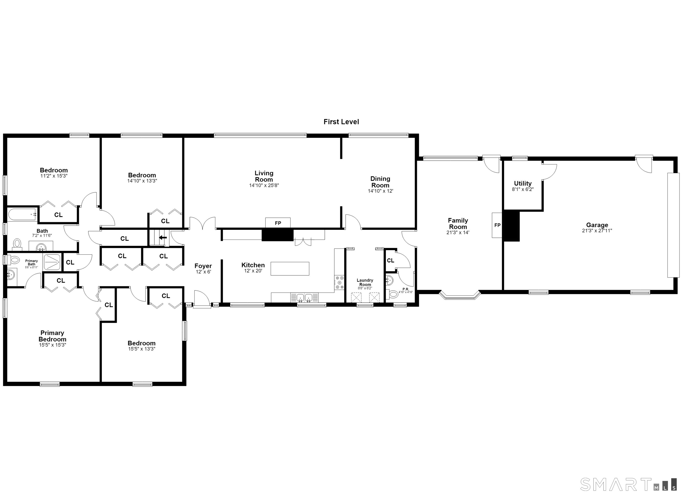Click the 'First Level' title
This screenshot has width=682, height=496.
click(341, 122)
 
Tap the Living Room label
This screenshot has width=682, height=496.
click(264, 176)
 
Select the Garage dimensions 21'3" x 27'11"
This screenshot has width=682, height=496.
click(597, 231)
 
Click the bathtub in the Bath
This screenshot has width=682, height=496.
click(22, 214)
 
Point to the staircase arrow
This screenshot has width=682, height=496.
click(163, 238)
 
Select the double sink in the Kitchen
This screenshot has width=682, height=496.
click(304, 298)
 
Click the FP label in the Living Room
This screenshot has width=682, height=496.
click(278, 223)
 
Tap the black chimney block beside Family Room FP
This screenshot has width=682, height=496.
click(511, 226)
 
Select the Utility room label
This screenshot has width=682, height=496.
click(523, 183)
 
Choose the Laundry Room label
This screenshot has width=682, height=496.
click(365, 282)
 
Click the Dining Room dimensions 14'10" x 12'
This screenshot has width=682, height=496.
click(380, 191)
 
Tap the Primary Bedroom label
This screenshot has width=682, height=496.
click(52, 336)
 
